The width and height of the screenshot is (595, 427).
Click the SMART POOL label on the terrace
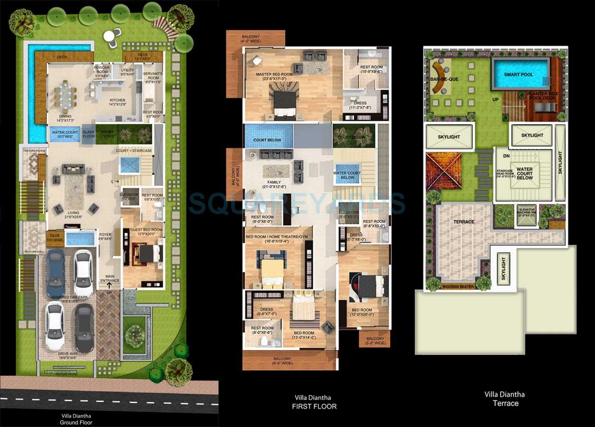[x=519, y=74]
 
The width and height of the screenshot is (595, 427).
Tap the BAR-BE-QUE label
[x=445, y=79]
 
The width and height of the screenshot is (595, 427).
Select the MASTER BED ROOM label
[x=274, y=74]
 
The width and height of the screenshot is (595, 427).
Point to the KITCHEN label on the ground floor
[x=117, y=101]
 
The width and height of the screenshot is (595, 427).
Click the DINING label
[x=65, y=116]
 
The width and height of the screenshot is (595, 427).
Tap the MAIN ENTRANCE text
[x=110, y=278]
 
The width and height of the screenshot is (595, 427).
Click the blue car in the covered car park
[x=56, y=273]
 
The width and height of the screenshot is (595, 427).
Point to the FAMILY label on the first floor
[x=274, y=182]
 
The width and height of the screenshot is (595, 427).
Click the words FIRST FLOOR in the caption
[x=314, y=406]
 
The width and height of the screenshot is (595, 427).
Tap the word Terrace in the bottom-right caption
[x=505, y=403]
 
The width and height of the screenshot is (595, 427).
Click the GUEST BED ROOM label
[x=146, y=230]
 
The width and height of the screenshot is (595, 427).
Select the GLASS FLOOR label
[x=88, y=135]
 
